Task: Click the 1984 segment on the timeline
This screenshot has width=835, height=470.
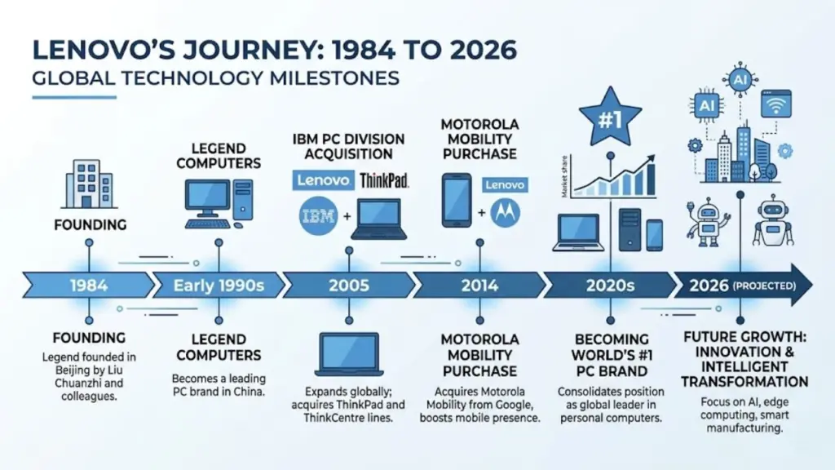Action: (86, 286)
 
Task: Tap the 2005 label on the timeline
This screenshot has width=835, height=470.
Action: (348, 286)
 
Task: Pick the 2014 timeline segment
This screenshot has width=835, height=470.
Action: (479, 286)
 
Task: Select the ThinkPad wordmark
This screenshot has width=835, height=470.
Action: (384, 180)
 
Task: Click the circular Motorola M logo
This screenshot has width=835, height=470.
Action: (508, 214)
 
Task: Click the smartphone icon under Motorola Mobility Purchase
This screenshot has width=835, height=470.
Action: (456, 199)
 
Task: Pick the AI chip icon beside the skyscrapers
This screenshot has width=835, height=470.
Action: (705, 105)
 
